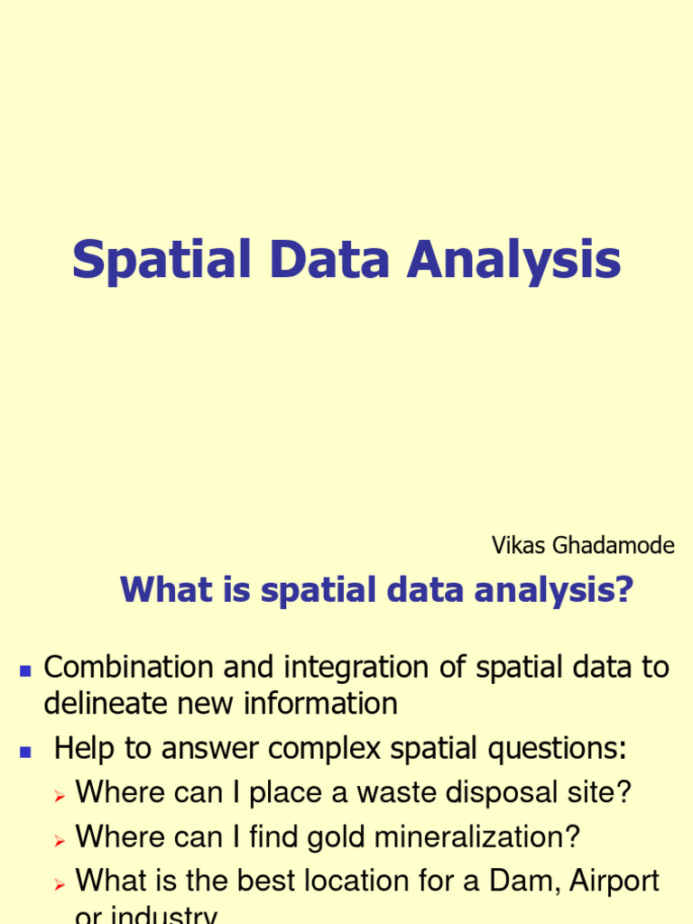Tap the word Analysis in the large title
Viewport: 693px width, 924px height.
(x=513, y=261)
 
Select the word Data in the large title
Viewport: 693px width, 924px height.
(x=327, y=259)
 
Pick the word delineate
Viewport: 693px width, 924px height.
(x=102, y=703)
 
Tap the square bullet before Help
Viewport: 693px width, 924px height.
(x=25, y=751)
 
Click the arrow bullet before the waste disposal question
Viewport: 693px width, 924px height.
(x=60, y=796)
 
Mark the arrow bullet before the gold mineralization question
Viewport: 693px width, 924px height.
(x=60, y=840)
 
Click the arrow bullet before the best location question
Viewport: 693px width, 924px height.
(x=60, y=884)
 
